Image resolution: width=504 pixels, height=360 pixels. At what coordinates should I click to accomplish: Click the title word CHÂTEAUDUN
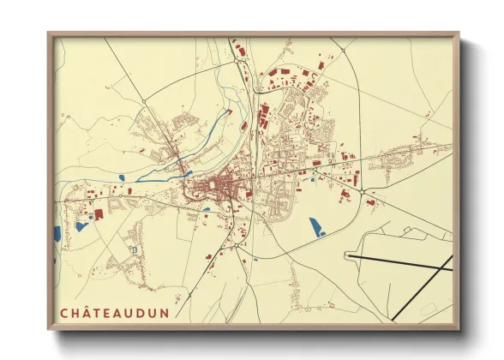point(114,313)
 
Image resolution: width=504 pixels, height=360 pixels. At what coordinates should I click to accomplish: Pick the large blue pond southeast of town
point(316,226)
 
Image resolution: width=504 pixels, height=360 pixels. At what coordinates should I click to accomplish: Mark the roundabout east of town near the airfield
point(363,190)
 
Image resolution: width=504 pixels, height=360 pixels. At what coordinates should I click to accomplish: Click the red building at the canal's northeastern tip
point(228,110)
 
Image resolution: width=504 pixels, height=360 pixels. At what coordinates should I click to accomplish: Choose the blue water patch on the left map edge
point(57,233)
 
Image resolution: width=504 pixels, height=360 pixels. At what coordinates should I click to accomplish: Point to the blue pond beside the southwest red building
point(82,226)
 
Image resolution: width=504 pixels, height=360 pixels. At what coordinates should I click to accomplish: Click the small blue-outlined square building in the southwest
point(133,249)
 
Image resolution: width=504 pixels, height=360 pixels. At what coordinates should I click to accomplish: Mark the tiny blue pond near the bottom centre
point(255,259)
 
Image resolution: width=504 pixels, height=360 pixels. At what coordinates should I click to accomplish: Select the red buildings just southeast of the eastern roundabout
point(370,202)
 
